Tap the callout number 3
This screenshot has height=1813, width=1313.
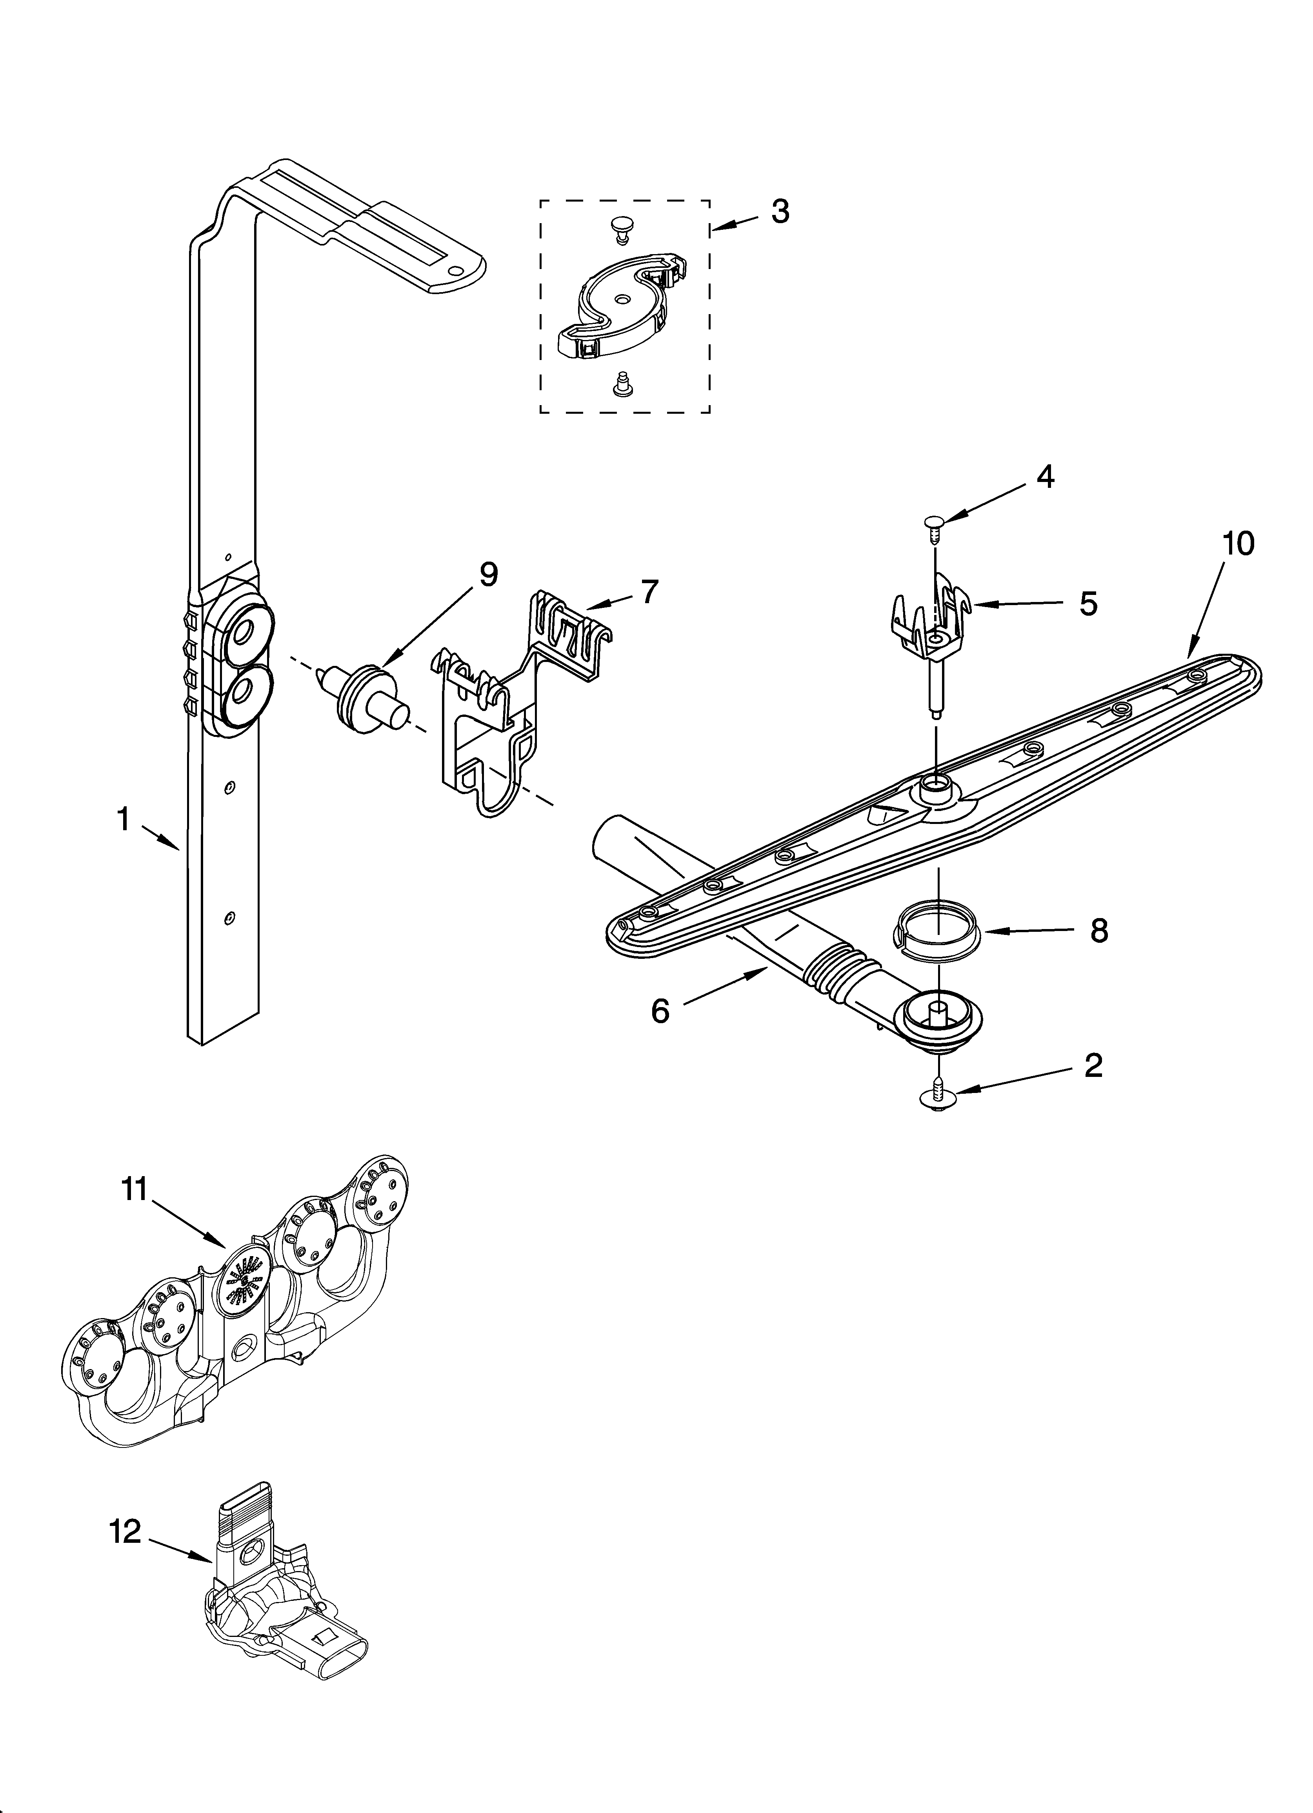780,212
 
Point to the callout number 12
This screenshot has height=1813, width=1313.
125,1531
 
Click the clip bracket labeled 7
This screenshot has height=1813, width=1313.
512,704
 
